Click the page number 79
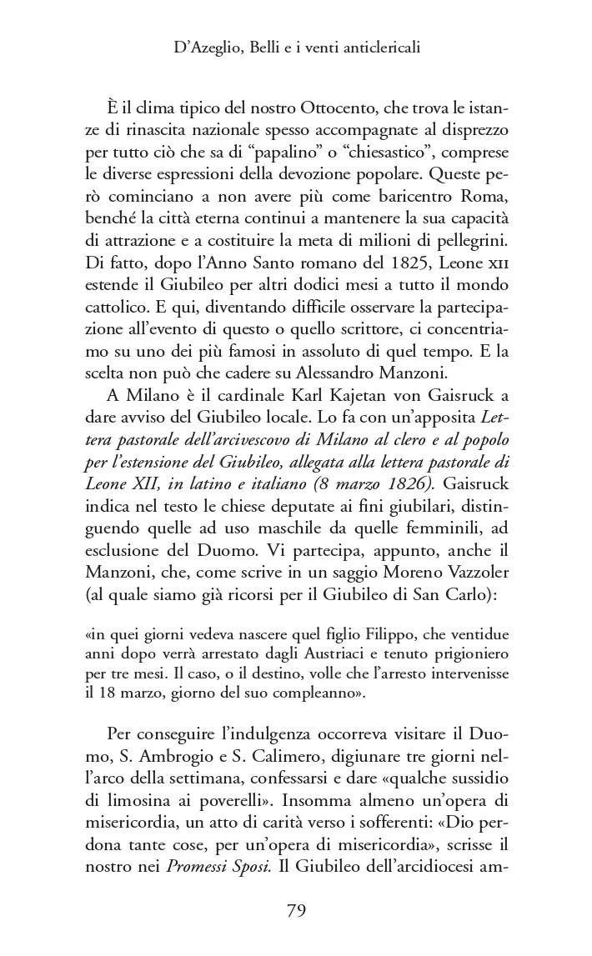[x=296, y=910]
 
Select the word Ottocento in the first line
[x=335, y=111]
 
